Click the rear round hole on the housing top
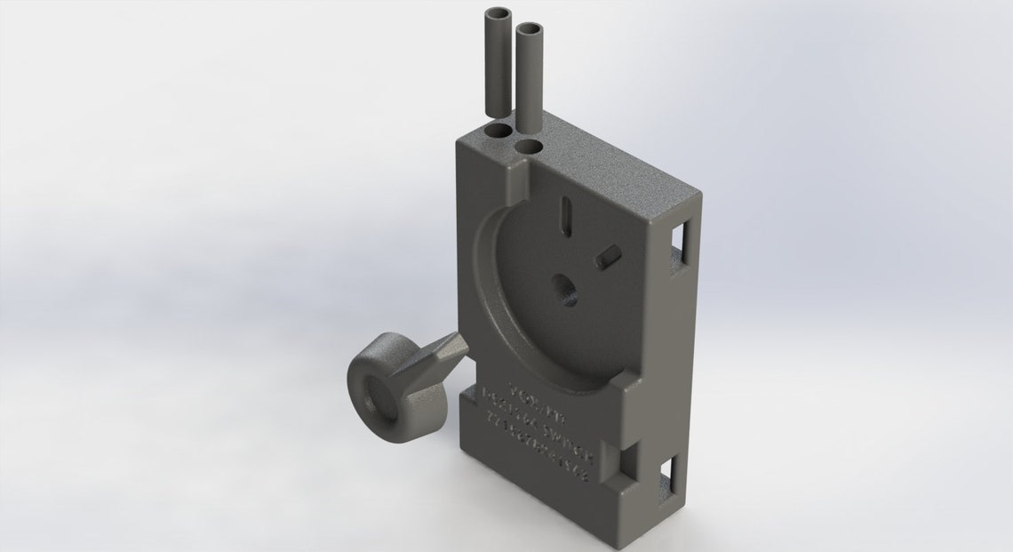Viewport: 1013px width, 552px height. pyautogui.click(x=499, y=132)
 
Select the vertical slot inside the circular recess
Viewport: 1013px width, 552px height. pyautogui.click(x=565, y=214)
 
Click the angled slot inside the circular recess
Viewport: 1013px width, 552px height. pyautogui.click(x=608, y=256)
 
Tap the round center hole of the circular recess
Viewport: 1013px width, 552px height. pyautogui.click(x=563, y=289)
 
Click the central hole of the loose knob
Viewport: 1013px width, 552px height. pyautogui.click(x=379, y=396)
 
